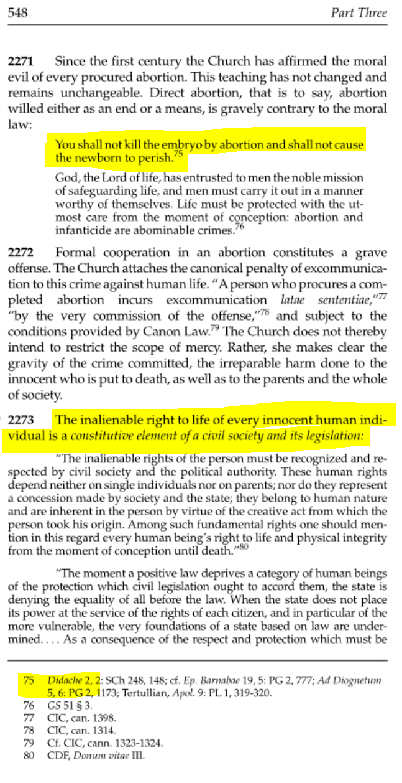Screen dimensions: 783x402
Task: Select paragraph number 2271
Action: (21, 62)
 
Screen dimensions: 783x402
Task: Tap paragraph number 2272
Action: (21, 253)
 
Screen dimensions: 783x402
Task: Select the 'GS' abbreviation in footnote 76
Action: (53, 706)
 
